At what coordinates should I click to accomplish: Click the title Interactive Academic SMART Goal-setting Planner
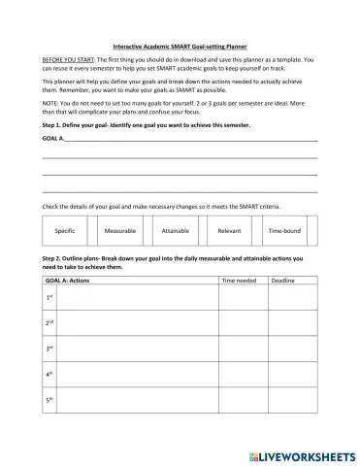click(180, 45)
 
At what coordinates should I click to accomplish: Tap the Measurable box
click(120, 233)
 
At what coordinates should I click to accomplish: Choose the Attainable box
click(176, 233)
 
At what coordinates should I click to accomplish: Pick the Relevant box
click(230, 233)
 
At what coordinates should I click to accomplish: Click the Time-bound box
click(284, 233)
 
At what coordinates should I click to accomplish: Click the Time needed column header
click(241, 280)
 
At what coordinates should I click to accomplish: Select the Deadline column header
click(282, 280)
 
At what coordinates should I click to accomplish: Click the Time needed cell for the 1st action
click(243, 297)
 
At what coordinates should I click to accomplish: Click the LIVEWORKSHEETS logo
click(304, 453)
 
